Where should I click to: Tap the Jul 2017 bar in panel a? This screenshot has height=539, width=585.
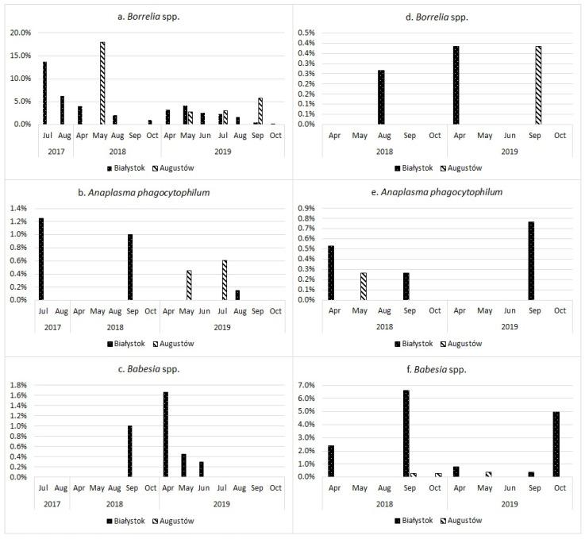point(44,92)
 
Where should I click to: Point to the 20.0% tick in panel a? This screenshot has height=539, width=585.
point(19,33)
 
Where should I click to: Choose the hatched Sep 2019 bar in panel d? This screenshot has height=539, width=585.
point(538,85)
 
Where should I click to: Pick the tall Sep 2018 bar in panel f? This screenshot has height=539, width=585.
point(406,433)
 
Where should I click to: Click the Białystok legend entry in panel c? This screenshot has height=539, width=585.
point(126,521)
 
